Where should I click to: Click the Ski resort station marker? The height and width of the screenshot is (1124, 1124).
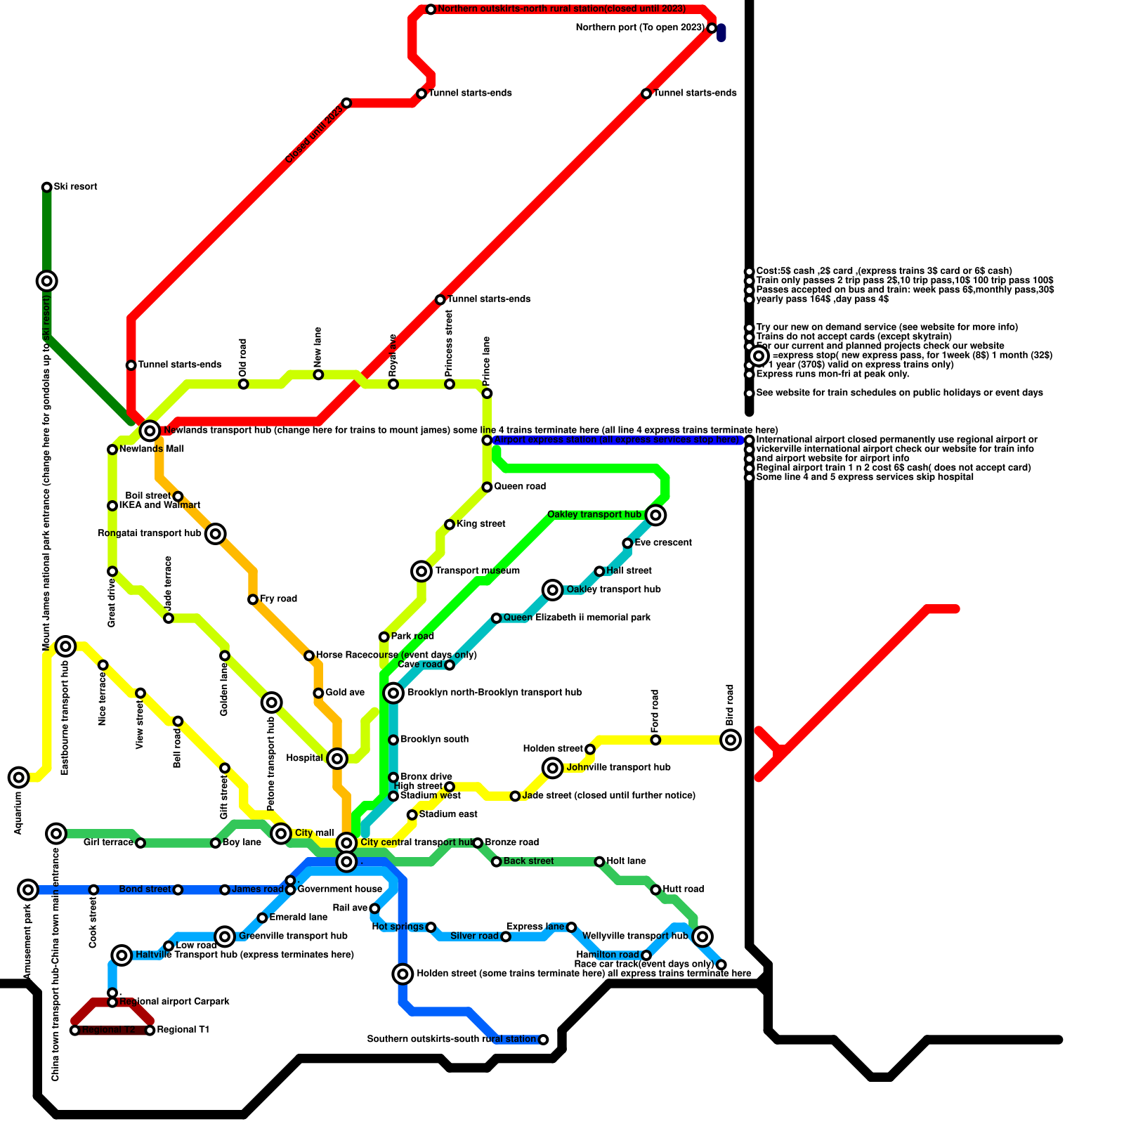point(47,187)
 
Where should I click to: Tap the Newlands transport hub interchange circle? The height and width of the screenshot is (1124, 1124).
point(150,431)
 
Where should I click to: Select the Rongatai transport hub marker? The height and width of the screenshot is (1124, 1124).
point(216,534)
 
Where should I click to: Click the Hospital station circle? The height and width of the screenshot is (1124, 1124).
point(337,759)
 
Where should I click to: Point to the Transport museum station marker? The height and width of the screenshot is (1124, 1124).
point(421,571)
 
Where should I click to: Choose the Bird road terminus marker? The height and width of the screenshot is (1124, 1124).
point(731,740)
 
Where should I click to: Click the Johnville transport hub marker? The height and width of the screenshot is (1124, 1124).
point(553,768)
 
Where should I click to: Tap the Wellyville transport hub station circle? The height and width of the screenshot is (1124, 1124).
point(702,936)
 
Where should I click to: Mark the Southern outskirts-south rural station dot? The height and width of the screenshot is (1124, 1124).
point(543,1040)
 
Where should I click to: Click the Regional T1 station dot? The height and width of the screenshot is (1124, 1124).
point(150,1031)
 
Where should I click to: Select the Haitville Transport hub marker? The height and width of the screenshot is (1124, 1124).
point(122,955)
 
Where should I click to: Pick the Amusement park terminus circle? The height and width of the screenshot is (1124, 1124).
point(28,890)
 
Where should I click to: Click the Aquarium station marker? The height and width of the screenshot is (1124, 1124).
point(19,777)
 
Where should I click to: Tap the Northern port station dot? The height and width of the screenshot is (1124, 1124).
point(712,28)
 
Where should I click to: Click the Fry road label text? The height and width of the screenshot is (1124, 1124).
point(278,599)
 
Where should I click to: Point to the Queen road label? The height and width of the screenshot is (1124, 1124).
point(519,487)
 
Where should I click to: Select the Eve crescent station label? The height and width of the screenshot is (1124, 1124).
point(662,543)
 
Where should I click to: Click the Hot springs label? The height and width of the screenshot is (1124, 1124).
point(398,927)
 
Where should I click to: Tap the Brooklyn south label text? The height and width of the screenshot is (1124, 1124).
point(434,740)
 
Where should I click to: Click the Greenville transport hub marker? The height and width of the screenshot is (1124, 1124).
point(225,936)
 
